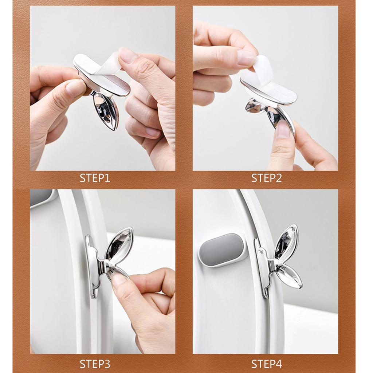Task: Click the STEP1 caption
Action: [95, 178]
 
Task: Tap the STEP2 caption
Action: [266, 178]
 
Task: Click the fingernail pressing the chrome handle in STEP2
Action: [283, 129]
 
